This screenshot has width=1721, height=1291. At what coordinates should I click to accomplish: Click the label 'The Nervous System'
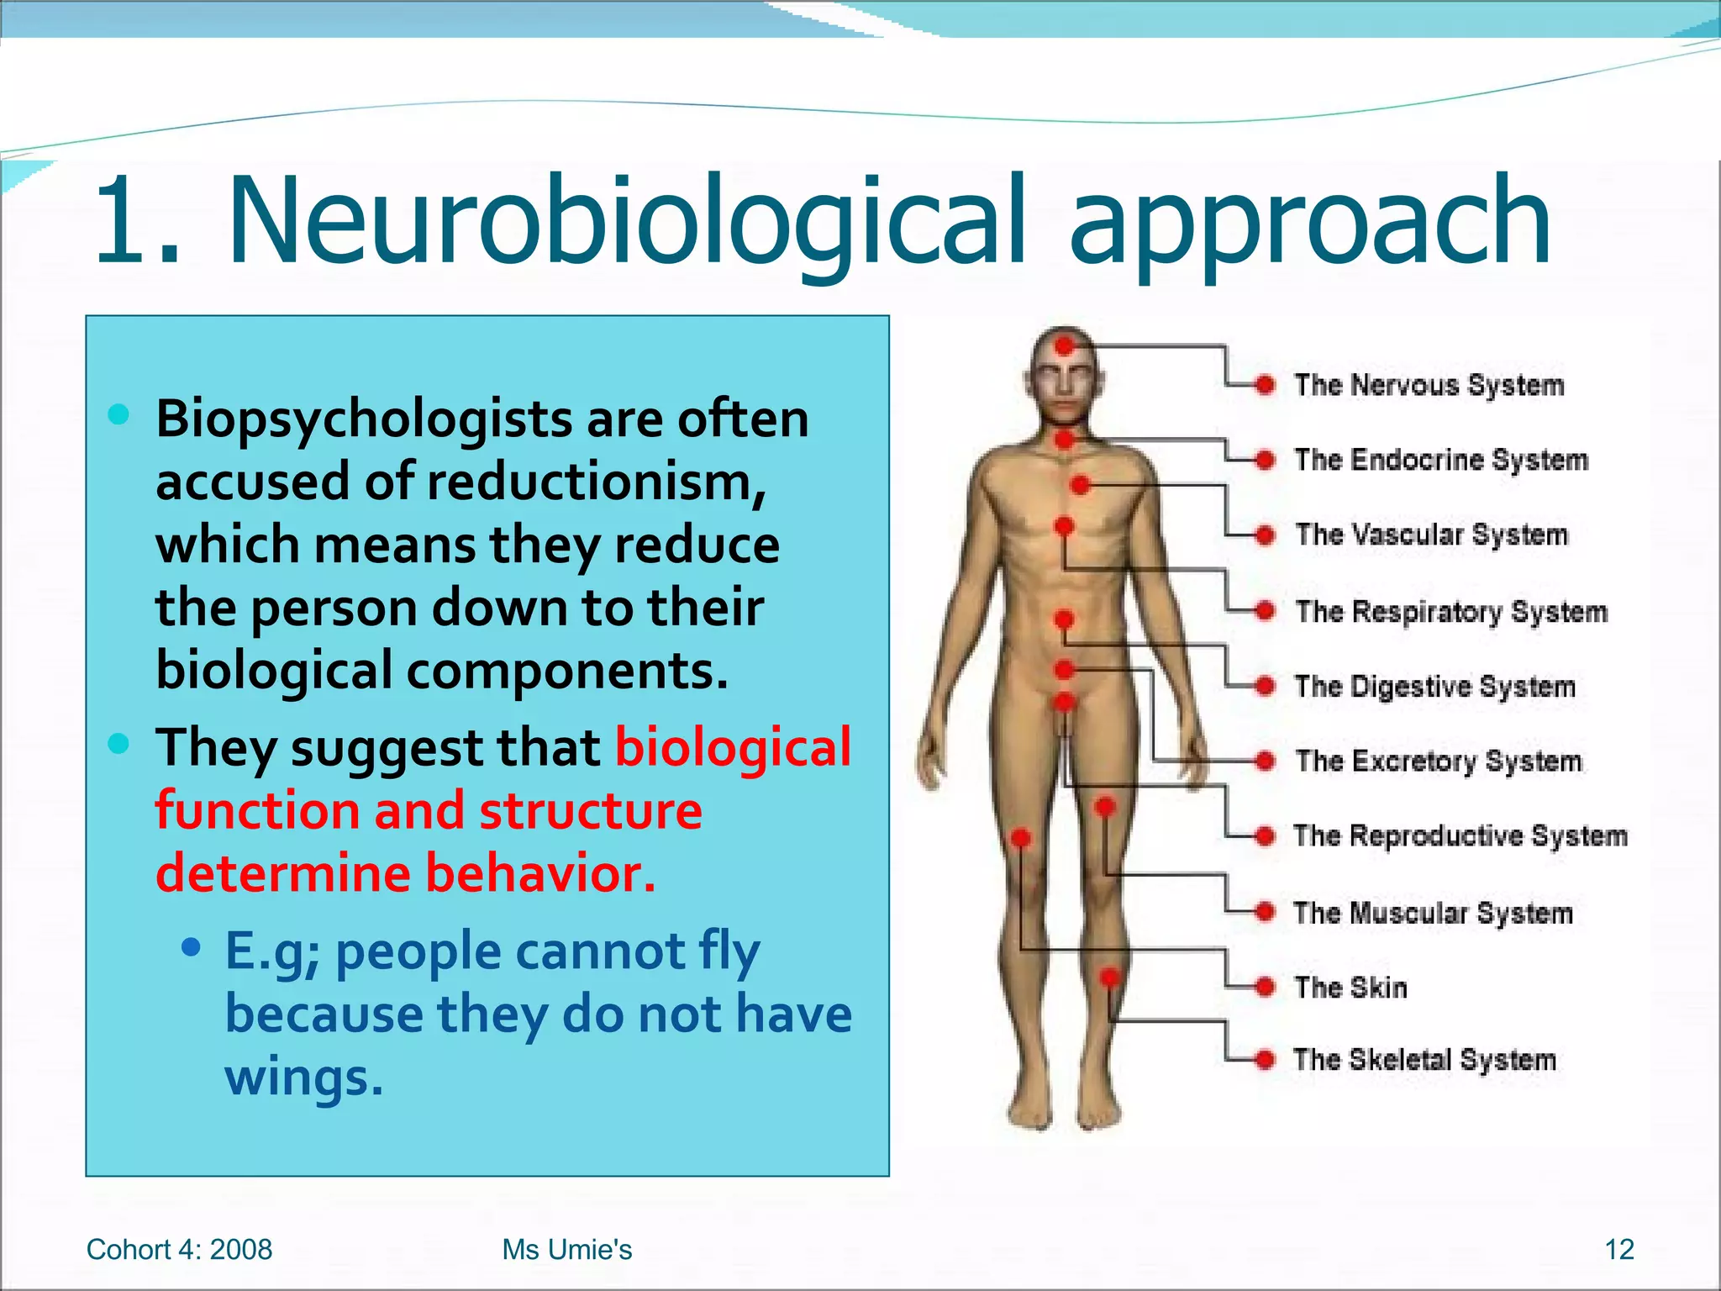pos(1429,385)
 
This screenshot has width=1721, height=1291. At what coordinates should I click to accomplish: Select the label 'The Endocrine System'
pos(1440,460)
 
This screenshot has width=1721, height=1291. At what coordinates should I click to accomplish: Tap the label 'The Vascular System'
pos(1431,535)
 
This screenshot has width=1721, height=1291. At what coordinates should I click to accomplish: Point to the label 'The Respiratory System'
pos(1450,611)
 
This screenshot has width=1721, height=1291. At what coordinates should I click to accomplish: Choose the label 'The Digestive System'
pos(1434,687)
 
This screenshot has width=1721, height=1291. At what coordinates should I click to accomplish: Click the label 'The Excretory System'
pos(1438,761)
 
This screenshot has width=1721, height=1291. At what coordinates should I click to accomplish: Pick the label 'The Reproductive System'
pos(1460,835)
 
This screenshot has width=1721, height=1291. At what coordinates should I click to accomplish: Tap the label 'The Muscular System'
pos(1433,912)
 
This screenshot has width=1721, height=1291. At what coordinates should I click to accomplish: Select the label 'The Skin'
pos(1350,987)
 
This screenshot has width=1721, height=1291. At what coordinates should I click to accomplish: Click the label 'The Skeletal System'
pos(1424,1059)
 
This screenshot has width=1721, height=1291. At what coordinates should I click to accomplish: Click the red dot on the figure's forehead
pos(1065,345)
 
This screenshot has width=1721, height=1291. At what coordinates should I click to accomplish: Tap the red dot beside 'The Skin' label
pos(1265,987)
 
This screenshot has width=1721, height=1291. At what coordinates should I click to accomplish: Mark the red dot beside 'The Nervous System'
pos(1265,385)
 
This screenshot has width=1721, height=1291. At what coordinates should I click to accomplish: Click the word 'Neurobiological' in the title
pos(627,220)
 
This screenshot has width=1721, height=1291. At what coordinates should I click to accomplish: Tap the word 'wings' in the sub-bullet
pos(303,1078)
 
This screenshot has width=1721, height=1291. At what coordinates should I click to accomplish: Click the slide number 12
pos(1619,1250)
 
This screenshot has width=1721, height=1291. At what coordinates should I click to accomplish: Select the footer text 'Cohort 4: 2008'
pos(179,1250)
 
